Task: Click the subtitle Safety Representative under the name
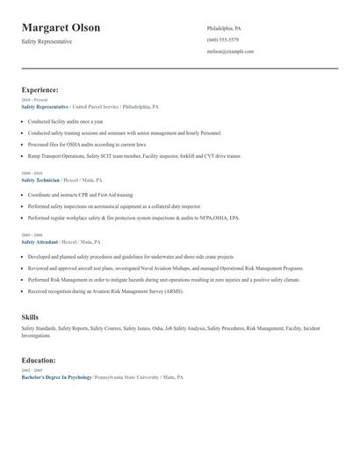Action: [x=47, y=41]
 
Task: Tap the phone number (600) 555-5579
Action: [x=223, y=40]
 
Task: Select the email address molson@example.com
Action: [x=230, y=52]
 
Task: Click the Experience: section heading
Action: [x=40, y=89]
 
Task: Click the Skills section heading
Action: [x=30, y=316]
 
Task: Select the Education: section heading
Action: [x=39, y=360]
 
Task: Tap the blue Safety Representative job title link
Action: [x=45, y=107]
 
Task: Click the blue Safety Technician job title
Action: [x=40, y=180]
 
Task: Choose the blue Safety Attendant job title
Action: [x=40, y=241]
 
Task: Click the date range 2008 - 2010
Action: [x=31, y=174]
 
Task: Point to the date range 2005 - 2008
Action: [x=31, y=235]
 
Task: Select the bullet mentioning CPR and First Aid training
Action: [x=81, y=194]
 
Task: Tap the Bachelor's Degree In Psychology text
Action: [x=56, y=376]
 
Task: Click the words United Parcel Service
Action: [x=97, y=107]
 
